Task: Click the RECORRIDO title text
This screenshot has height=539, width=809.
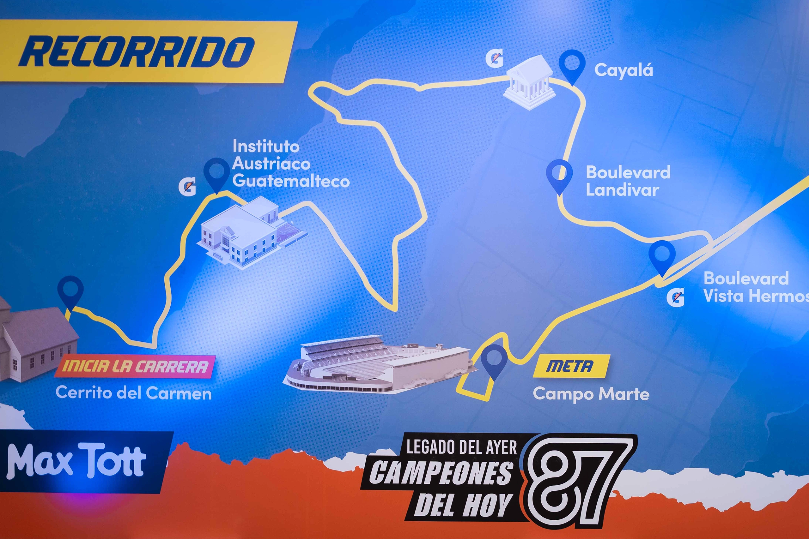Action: [137, 51]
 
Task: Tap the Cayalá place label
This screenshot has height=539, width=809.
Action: [623, 70]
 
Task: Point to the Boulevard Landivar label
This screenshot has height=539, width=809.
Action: [628, 181]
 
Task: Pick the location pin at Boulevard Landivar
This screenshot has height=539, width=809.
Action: [559, 175]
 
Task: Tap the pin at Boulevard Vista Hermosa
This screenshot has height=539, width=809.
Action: [662, 256]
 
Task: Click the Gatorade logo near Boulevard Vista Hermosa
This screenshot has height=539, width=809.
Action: [676, 297]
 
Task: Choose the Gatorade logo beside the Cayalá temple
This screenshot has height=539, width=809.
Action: [494, 58]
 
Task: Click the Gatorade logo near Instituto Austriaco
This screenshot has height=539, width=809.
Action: [187, 187]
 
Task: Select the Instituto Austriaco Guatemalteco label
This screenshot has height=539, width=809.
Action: [291, 164]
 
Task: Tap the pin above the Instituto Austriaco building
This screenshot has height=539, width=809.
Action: [217, 174]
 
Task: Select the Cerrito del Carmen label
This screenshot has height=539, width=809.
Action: [133, 393]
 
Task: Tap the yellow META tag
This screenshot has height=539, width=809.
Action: [571, 366]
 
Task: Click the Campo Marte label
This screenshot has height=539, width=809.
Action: [591, 394]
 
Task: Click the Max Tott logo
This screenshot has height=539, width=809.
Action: [76, 461]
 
